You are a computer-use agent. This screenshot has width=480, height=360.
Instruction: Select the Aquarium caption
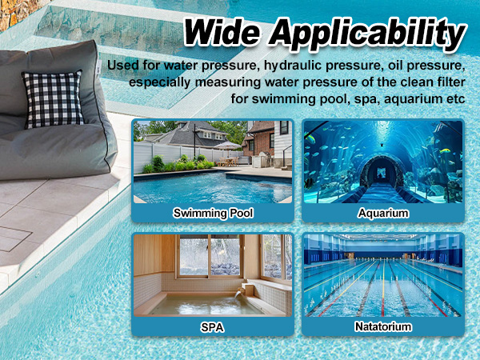point(382,213)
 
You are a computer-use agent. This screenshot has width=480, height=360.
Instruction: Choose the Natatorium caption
point(382,326)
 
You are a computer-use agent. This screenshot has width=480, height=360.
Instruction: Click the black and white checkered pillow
point(52,98)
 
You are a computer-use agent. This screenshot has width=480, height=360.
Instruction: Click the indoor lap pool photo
point(382,277)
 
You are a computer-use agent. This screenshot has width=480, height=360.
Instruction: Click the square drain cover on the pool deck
point(16,238)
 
